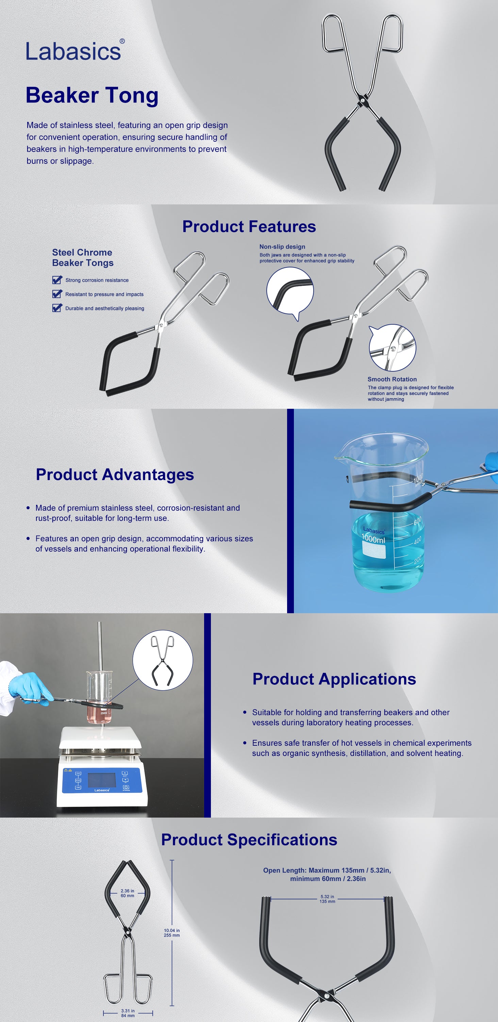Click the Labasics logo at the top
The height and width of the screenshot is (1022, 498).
coord(75,51)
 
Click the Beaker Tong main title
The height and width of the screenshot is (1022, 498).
coord(92,96)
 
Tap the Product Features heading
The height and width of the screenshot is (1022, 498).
coord(249,227)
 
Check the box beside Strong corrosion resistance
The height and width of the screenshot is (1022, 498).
coord(57,280)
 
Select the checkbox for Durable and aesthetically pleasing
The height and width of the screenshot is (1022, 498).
coord(57,308)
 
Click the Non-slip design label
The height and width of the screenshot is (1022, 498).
coord(282,247)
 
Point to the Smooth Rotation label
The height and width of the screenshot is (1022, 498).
coord(392,379)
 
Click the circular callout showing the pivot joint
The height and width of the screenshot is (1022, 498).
coord(392,347)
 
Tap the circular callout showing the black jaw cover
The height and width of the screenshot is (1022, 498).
coord(290,292)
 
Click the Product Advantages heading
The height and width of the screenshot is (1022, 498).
coord(115,475)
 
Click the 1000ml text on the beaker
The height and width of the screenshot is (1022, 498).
coord(373,539)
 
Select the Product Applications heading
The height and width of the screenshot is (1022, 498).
coord(334,679)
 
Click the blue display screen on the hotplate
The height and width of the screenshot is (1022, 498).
coord(102,780)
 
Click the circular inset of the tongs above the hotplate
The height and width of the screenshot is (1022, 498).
coord(163,661)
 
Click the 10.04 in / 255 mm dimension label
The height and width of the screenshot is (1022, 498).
coord(172,933)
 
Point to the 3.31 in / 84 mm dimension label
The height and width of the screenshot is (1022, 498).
coord(128,1013)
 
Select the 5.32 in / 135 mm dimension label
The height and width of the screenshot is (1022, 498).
coord(327,899)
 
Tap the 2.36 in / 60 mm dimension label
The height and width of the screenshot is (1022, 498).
coord(128,893)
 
